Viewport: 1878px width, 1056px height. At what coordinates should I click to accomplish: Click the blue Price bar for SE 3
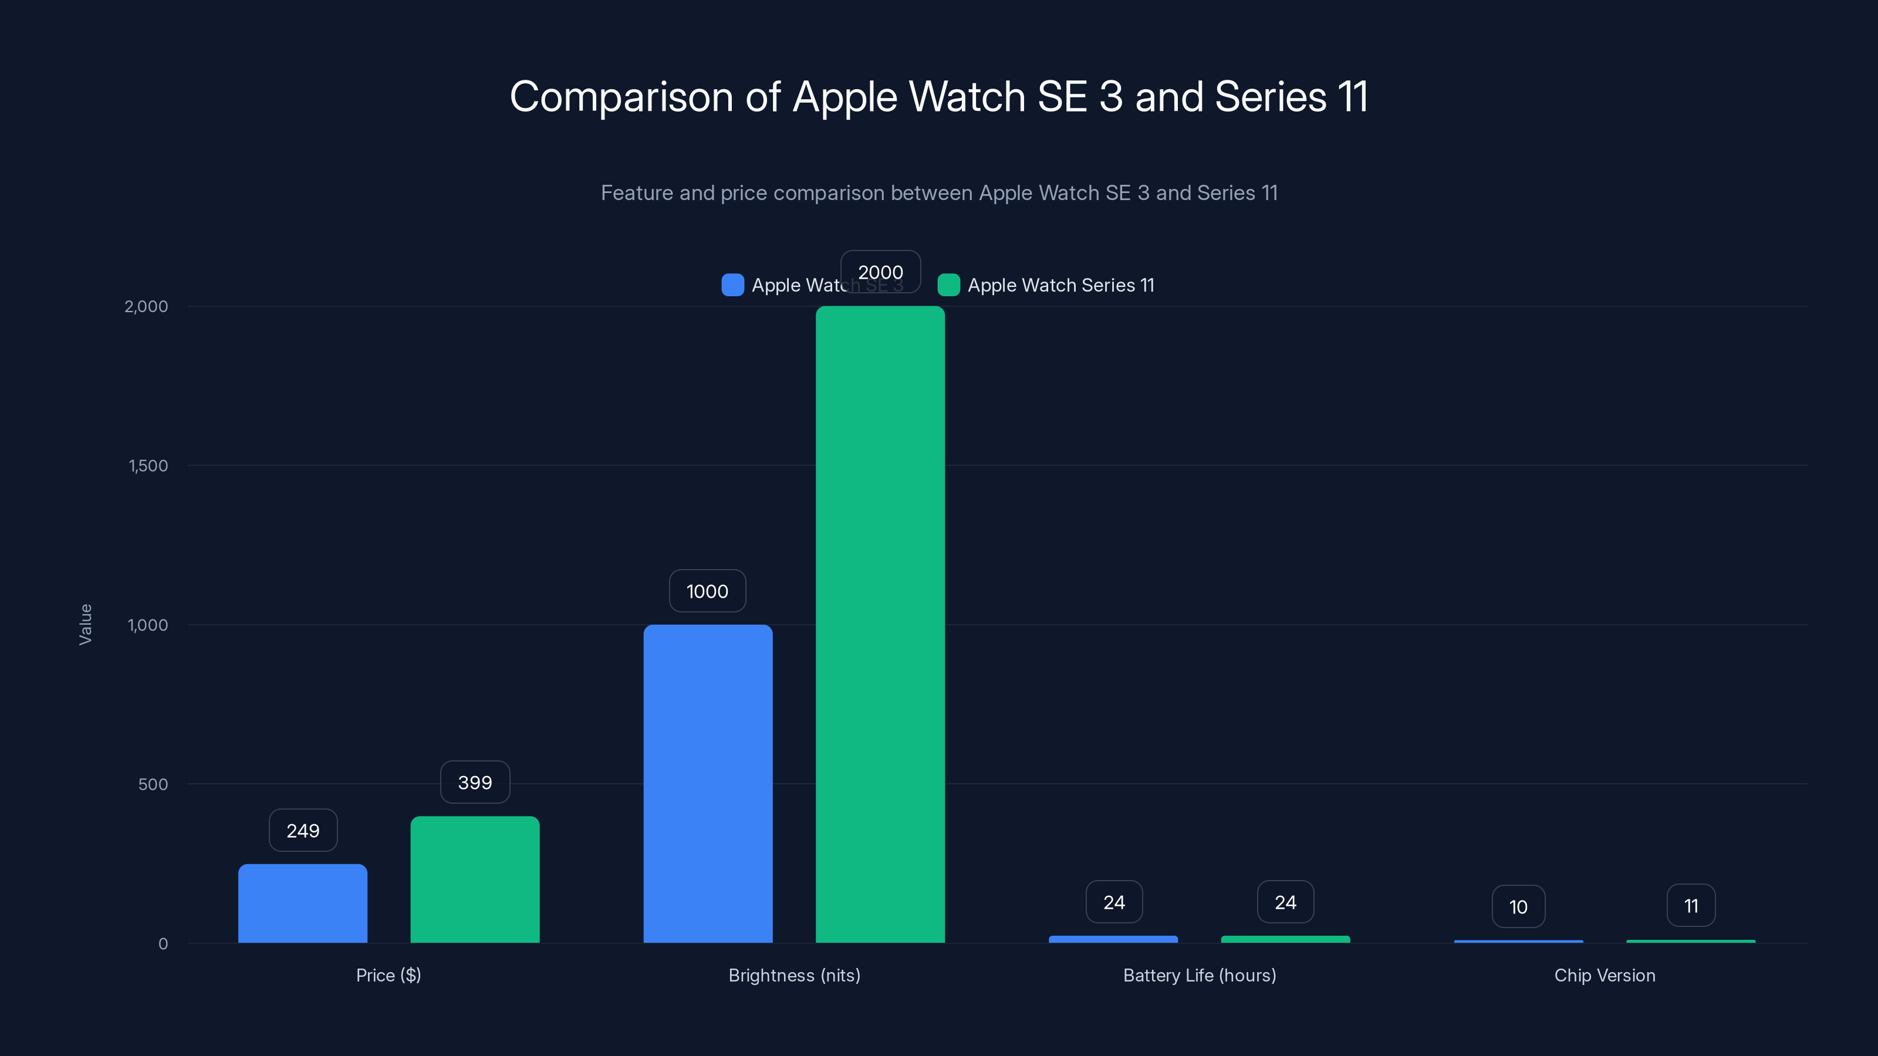pos(303,903)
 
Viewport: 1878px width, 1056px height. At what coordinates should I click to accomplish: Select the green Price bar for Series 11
pos(475,879)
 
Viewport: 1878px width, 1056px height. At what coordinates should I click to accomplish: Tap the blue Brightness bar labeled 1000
pos(707,783)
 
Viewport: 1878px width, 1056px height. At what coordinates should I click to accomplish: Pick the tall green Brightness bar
pos(880,625)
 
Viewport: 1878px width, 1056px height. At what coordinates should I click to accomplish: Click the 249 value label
pos(303,830)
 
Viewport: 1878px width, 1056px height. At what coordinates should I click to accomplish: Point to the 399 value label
pos(475,782)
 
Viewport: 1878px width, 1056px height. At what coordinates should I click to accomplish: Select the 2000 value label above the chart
pos(880,272)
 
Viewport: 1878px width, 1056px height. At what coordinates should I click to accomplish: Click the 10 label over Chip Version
pos(1518,906)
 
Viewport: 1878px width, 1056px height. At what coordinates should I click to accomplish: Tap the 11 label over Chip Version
pos(1691,906)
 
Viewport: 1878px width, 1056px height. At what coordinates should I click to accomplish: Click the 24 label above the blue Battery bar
pos(1113,902)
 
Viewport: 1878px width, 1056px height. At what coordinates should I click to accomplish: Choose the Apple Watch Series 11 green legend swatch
pos(948,285)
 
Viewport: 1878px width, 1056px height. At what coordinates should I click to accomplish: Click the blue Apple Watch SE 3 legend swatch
pos(732,285)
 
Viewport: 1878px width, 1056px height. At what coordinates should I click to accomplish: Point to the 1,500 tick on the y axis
pos(148,466)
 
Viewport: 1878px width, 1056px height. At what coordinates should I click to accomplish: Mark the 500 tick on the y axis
pos(153,784)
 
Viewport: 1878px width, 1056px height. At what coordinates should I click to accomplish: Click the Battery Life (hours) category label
pos(1199,975)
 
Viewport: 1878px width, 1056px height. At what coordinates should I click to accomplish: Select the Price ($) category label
pos(389,975)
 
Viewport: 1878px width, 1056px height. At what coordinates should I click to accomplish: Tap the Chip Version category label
pos(1604,975)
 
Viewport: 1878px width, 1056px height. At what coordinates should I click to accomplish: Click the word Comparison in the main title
pos(621,96)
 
